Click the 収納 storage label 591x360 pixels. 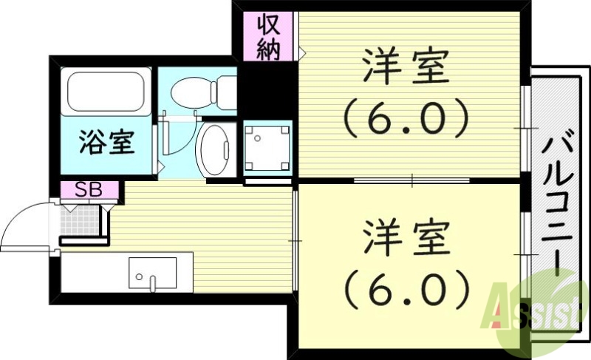[x=269, y=36]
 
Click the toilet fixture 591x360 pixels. [x=194, y=92]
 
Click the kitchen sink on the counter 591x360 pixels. [x=152, y=274]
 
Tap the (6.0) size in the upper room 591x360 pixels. [x=405, y=116]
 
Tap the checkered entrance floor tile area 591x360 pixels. [x=79, y=220]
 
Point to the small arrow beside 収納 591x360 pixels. [x=302, y=52]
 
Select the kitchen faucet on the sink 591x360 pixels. [x=151, y=282]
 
